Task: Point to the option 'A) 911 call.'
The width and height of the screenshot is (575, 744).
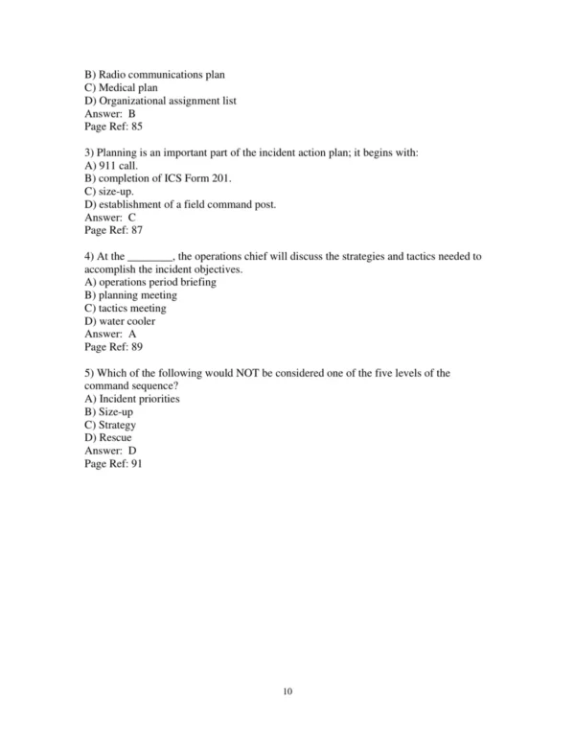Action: (x=112, y=166)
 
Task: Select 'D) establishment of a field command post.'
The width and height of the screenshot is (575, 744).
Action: (x=180, y=204)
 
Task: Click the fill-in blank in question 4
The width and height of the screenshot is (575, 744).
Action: (x=149, y=257)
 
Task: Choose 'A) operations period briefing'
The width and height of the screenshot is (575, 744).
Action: (x=150, y=283)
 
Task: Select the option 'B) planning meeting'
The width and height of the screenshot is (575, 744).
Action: (x=130, y=295)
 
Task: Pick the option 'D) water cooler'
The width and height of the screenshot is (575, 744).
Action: (x=120, y=321)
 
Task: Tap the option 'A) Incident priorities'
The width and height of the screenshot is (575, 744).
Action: (x=132, y=399)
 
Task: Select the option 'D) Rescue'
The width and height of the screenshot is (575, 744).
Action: (x=108, y=437)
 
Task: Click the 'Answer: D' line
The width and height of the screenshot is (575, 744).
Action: (x=110, y=451)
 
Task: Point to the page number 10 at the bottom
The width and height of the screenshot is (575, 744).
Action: (x=287, y=690)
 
